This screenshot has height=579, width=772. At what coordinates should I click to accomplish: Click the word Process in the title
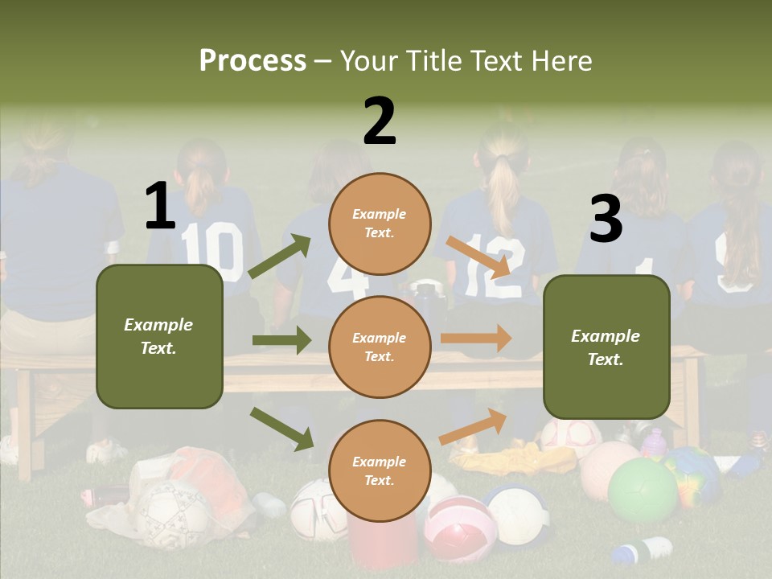point(253,60)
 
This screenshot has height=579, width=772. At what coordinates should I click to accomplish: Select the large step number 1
point(160,206)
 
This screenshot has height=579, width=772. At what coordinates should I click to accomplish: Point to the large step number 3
point(606,220)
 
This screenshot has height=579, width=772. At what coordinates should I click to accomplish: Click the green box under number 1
point(159,336)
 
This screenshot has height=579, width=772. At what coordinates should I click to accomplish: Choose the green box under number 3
point(606,347)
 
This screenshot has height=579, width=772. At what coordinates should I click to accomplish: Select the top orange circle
point(380,224)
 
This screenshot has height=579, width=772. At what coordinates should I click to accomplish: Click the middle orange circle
point(380,347)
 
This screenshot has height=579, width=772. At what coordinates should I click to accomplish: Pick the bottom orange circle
point(380,470)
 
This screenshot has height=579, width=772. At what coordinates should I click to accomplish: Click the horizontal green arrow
point(281,340)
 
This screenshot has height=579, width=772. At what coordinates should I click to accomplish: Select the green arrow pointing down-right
point(282,429)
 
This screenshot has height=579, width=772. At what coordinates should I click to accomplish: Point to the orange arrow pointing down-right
point(478,257)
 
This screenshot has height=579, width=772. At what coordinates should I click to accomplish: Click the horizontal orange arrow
point(476,339)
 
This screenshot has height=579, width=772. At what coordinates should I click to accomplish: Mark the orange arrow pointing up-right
point(473,426)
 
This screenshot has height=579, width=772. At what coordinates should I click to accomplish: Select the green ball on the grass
point(643,491)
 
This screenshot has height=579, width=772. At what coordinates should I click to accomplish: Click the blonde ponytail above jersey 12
point(504,193)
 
